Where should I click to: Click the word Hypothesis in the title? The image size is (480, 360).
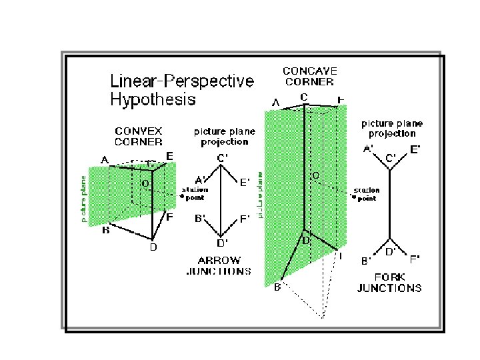point(153,100)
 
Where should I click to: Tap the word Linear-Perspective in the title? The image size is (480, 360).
point(181,82)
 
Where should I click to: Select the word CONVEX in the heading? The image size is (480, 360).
point(139,131)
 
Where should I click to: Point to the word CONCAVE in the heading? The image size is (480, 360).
point(310,71)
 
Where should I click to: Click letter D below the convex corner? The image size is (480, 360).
point(153,248)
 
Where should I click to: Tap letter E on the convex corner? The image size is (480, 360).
point(170,156)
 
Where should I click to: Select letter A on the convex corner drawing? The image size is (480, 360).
point(105,160)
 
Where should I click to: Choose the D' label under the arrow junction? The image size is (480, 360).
point(222,242)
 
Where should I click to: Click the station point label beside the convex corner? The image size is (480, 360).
point(196,193)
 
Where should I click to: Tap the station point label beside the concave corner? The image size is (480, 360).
point(366,194)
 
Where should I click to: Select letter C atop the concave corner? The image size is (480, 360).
point(303,97)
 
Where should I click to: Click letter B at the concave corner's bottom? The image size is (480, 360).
point(277,288)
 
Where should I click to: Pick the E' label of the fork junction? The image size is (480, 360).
point(415,150)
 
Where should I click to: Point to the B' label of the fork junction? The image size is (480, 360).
point(366,261)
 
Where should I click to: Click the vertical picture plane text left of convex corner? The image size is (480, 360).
point(84,198)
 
